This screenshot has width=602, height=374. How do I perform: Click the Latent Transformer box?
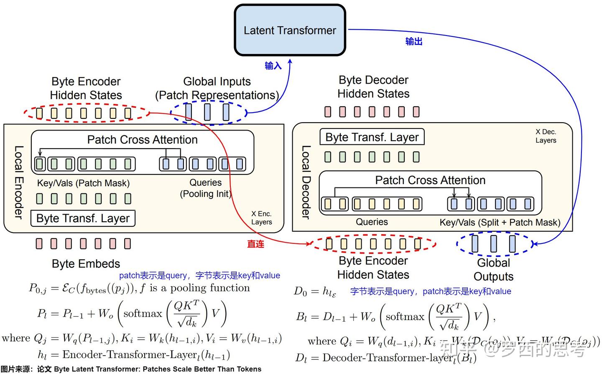(x=290, y=30)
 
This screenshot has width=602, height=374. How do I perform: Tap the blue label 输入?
(x=273, y=66)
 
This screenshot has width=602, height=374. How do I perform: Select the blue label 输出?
(x=414, y=41)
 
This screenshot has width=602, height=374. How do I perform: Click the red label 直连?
(x=255, y=244)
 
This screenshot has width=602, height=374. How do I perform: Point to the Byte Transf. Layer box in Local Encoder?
(x=83, y=218)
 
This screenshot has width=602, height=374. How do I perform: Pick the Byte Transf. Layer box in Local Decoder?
(x=372, y=137)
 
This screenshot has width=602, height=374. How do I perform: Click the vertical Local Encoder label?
(x=18, y=182)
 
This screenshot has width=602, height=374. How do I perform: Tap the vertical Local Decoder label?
(x=306, y=182)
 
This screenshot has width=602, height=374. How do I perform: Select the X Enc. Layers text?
(x=262, y=218)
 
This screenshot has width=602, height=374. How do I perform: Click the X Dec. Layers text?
(x=546, y=136)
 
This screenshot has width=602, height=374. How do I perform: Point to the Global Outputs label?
(x=493, y=269)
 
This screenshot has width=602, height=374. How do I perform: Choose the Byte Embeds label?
(x=86, y=264)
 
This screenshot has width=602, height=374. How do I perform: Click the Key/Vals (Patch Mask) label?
(x=83, y=183)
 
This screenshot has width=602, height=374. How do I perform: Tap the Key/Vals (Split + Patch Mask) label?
(x=500, y=223)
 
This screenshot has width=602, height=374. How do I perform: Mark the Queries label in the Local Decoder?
(x=372, y=222)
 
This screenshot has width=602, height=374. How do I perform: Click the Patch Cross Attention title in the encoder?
(x=142, y=140)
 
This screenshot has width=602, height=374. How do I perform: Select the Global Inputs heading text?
(x=217, y=82)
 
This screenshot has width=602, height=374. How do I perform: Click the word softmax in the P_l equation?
(x=143, y=313)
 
